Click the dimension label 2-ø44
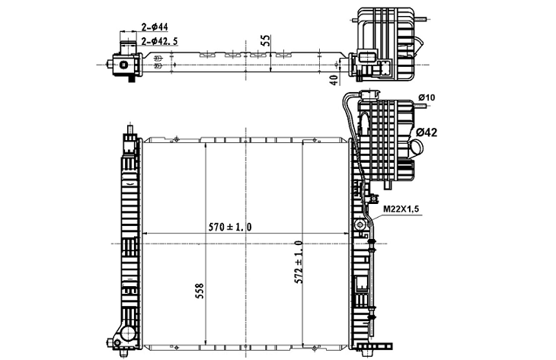point(155,27)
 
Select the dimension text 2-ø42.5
point(159,41)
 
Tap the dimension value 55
point(266,40)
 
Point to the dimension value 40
point(334,80)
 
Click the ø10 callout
point(427,97)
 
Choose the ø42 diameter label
point(427,132)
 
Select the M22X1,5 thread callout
point(401,209)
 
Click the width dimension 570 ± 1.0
point(230,227)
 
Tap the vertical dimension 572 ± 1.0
point(298,262)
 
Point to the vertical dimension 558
point(200,291)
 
